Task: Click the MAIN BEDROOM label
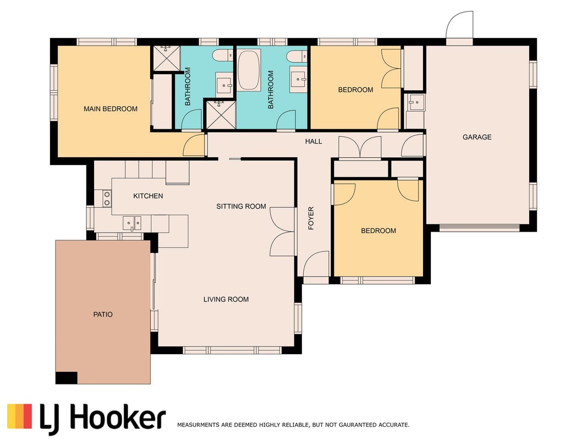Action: click(x=111, y=109)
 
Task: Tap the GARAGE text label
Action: click(x=477, y=137)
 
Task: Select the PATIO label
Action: click(x=103, y=314)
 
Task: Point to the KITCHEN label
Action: click(x=148, y=196)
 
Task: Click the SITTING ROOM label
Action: click(x=241, y=206)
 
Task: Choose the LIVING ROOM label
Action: click(x=226, y=299)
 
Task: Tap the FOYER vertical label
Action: click(x=311, y=218)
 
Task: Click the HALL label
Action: click(x=314, y=141)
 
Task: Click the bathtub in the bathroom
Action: click(x=249, y=70)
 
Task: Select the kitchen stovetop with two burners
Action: click(x=107, y=199)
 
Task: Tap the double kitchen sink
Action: click(x=132, y=223)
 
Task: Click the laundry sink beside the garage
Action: click(x=415, y=102)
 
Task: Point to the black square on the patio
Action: click(x=66, y=378)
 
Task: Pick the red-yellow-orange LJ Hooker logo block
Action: click(x=19, y=416)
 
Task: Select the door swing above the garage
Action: click(x=460, y=25)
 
